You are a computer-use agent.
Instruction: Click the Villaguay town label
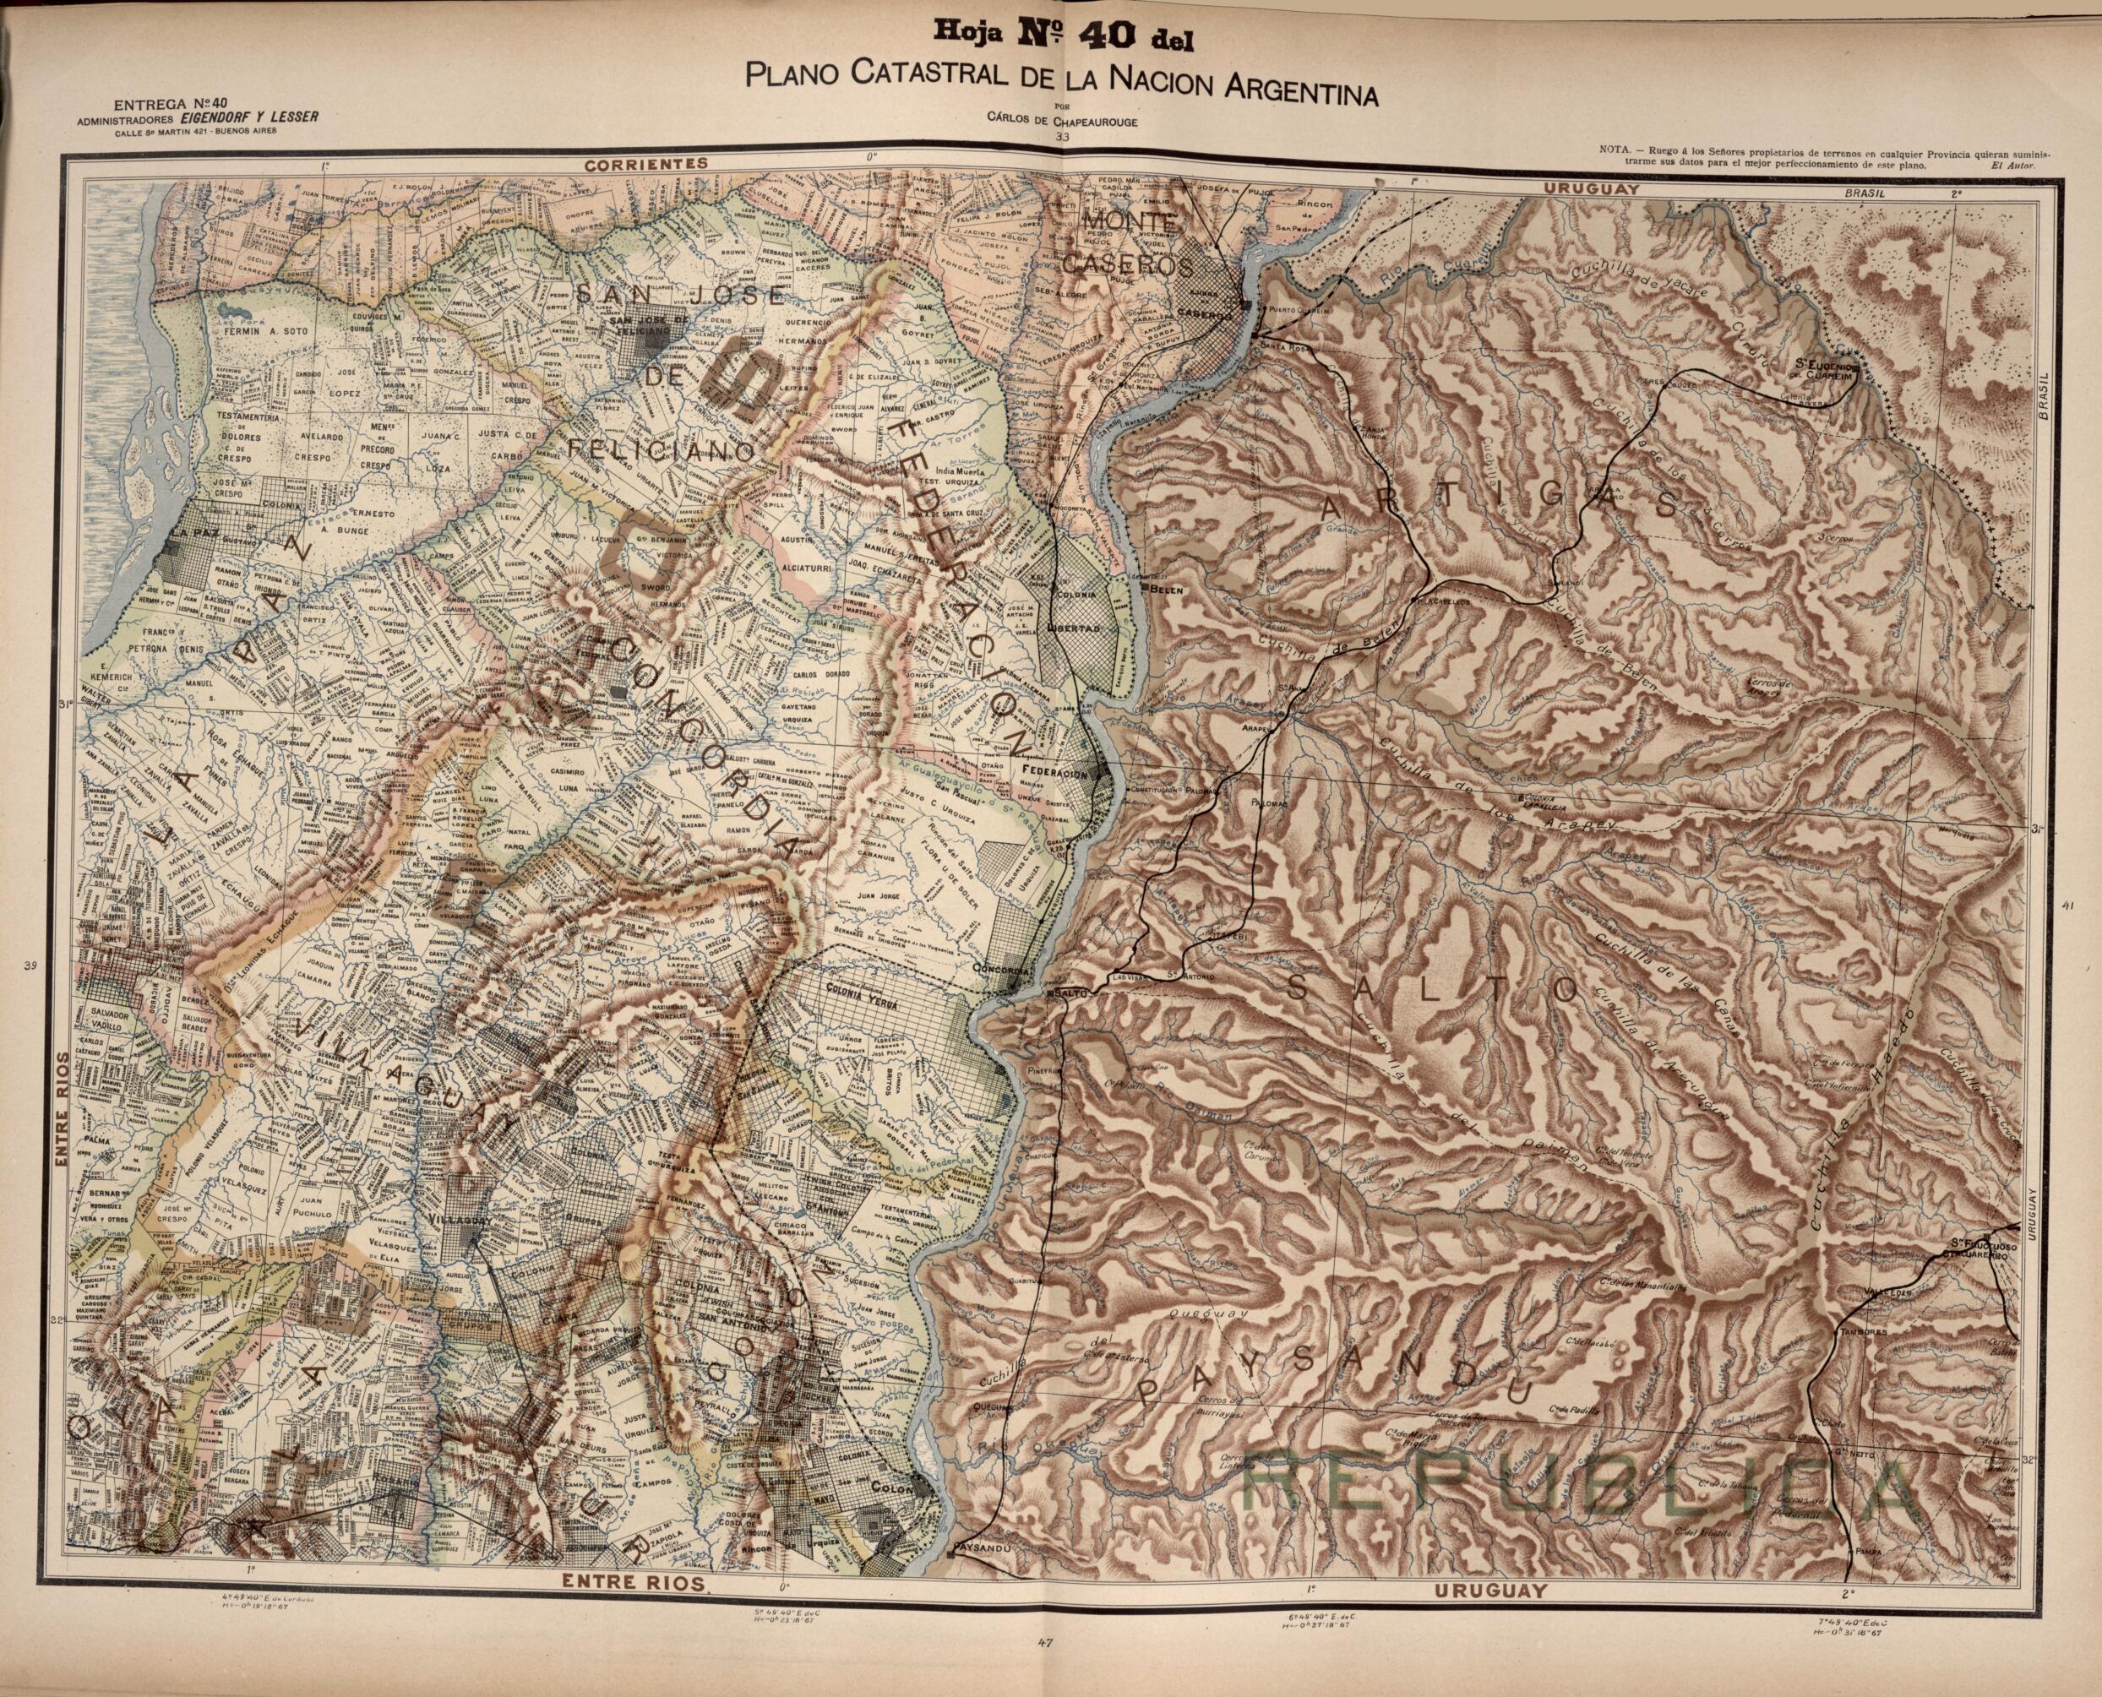[x=455, y=1222]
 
